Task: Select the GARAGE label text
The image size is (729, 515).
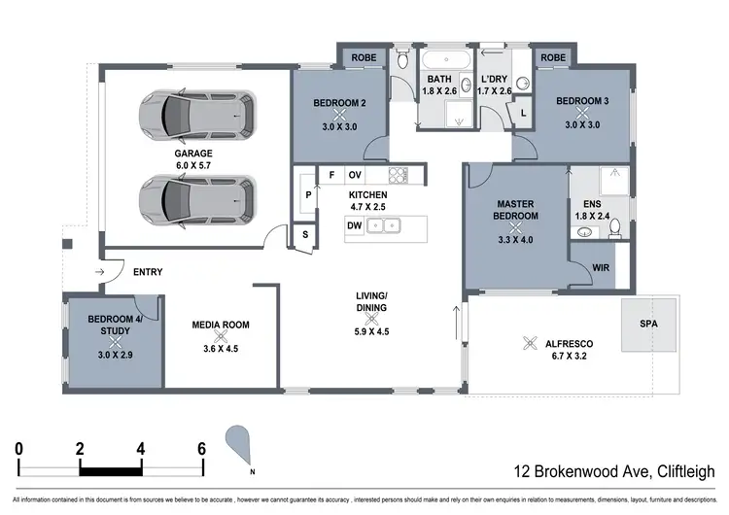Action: point(194,154)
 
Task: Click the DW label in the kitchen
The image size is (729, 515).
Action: point(356,225)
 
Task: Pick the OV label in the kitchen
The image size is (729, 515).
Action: point(355,175)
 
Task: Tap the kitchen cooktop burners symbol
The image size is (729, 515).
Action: point(398,175)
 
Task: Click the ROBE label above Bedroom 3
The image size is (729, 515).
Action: point(552,58)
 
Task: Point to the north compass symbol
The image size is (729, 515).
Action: point(240,446)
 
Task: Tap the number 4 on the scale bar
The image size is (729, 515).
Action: point(140,449)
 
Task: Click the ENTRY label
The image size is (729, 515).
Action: point(147,272)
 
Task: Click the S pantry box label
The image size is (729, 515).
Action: point(304,235)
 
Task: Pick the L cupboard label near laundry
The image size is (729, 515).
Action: point(524,113)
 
